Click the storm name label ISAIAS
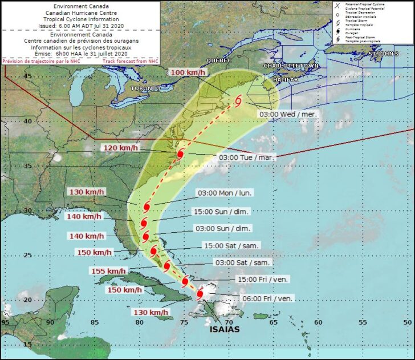[x=224, y=329]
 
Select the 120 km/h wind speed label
[x=121, y=148]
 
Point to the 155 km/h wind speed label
[x=106, y=272]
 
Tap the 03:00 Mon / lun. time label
[x=224, y=193]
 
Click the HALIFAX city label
[x=285, y=80]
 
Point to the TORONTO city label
[x=145, y=89]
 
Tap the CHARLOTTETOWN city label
[x=291, y=66]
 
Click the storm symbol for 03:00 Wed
[x=238, y=100]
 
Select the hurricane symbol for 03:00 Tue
[x=180, y=155]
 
